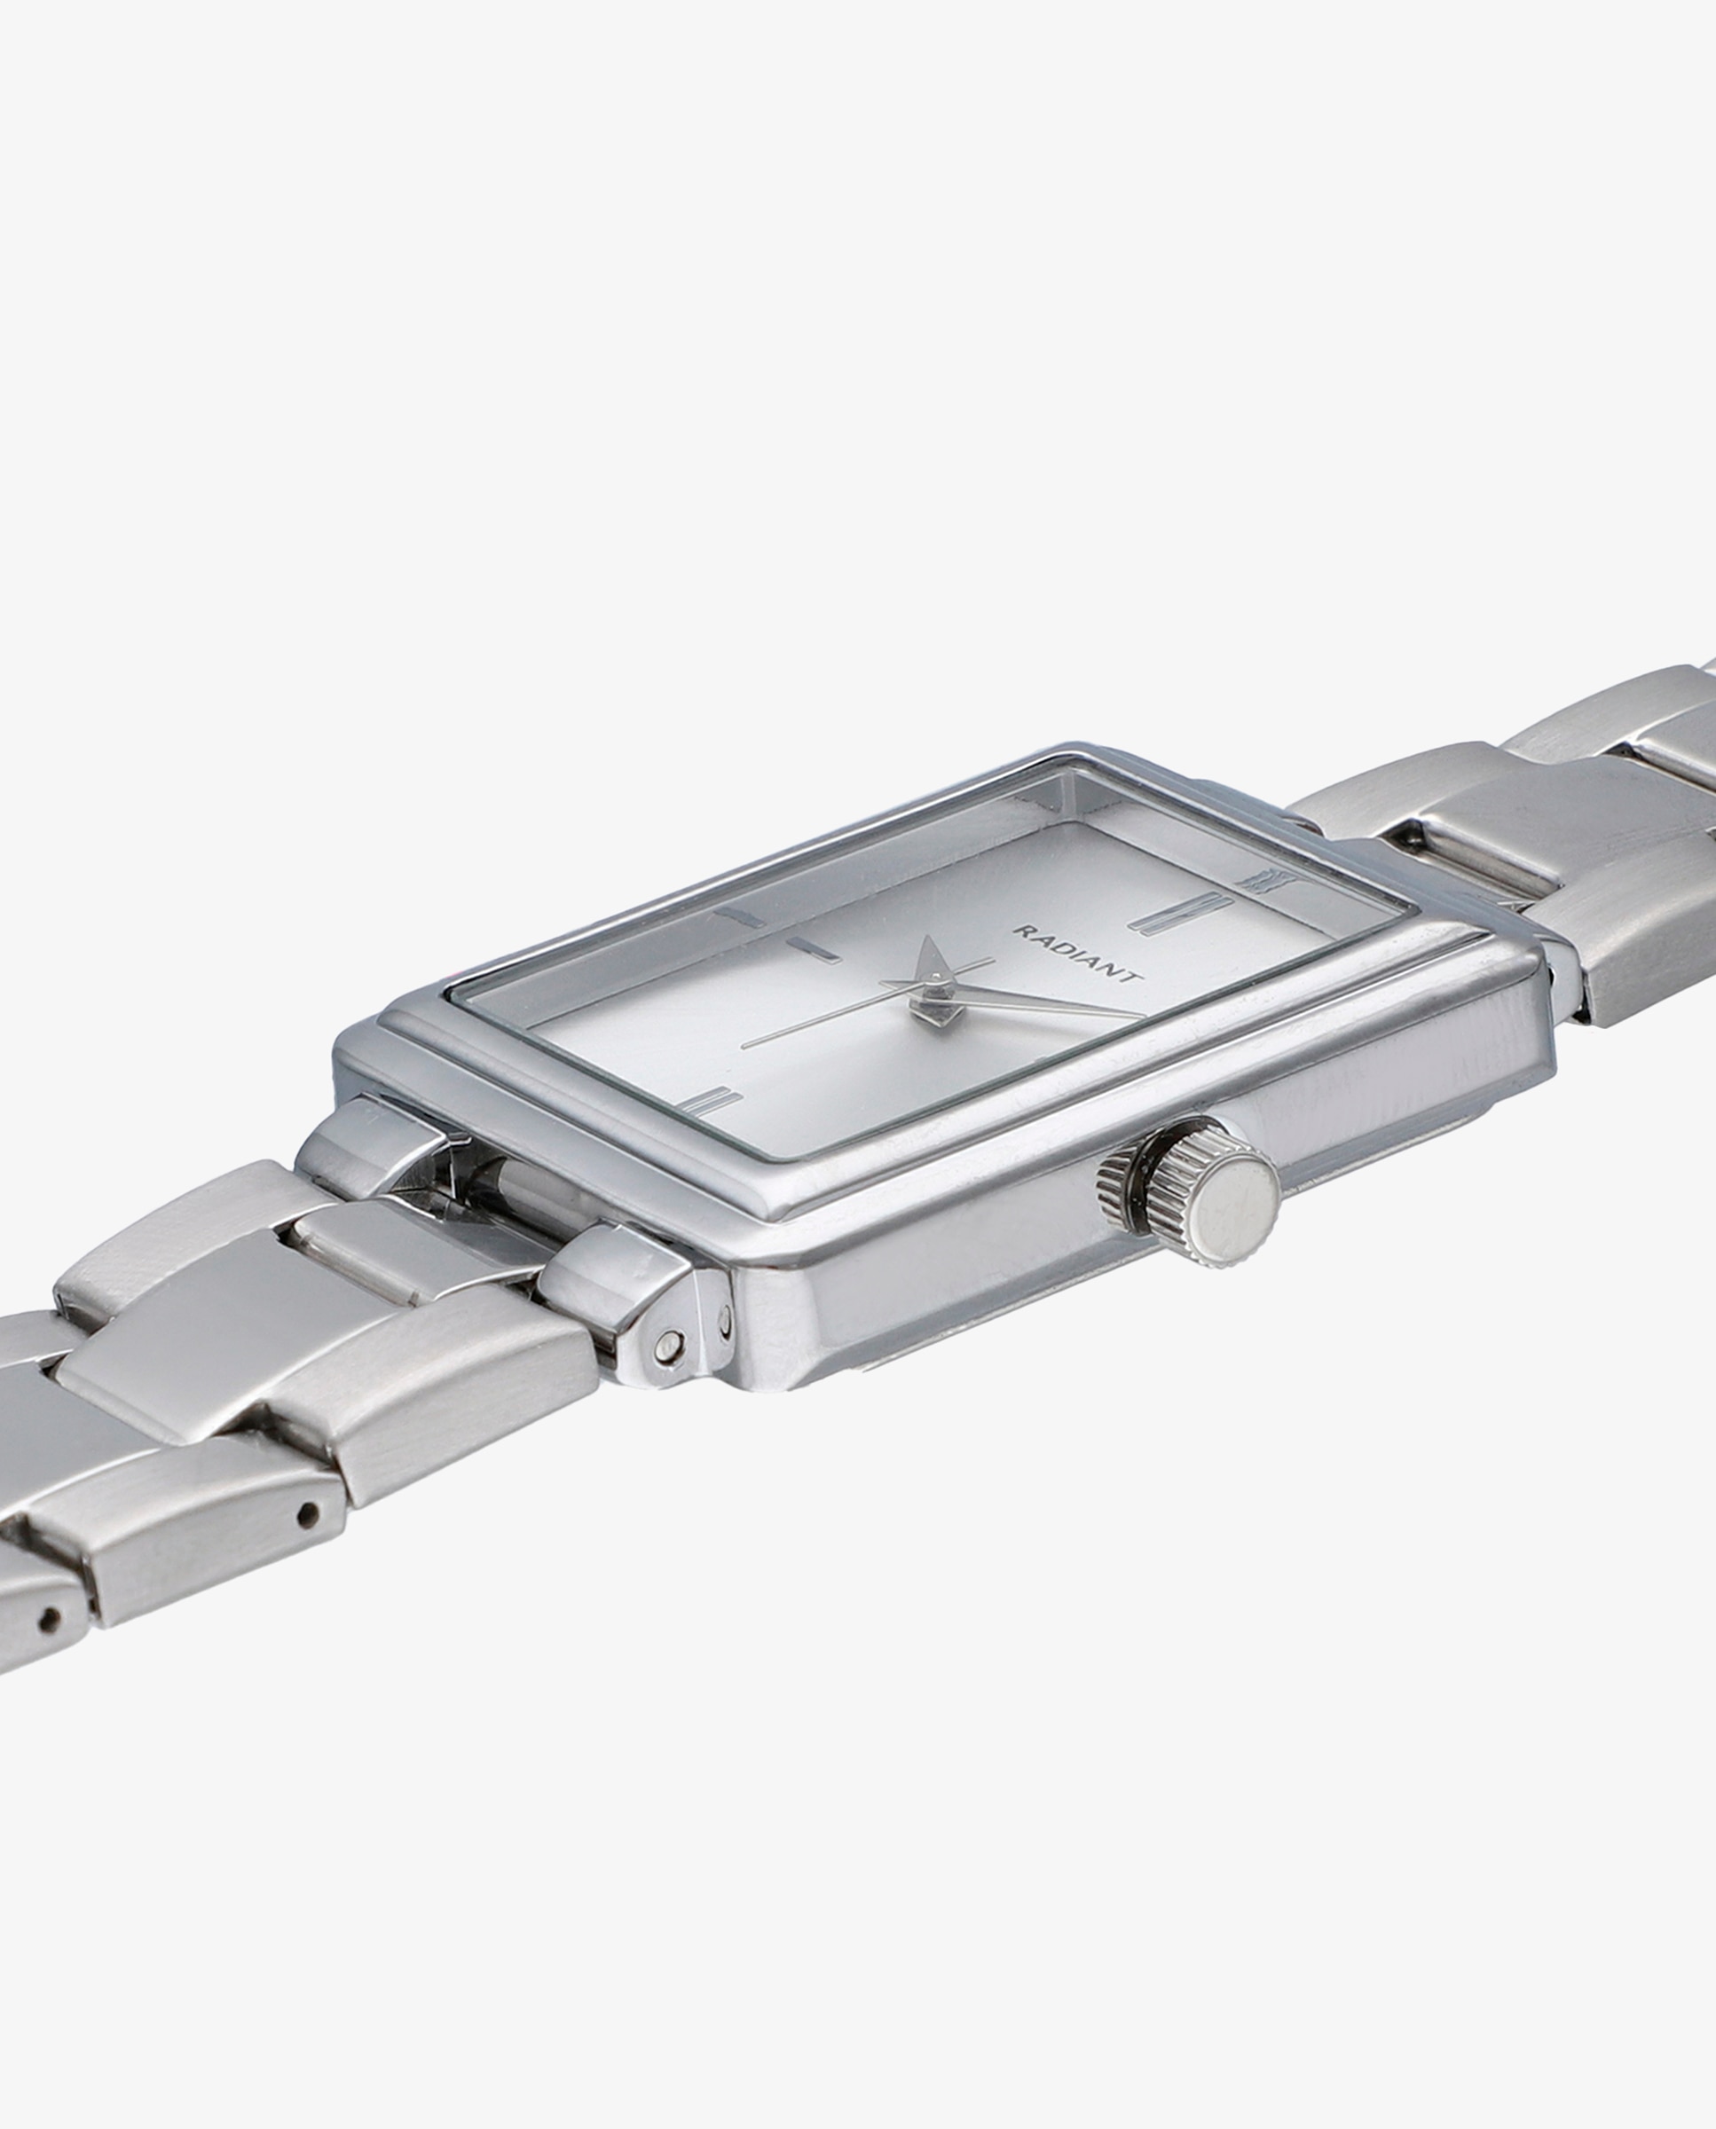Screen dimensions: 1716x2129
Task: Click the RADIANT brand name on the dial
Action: click(1077, 952)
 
